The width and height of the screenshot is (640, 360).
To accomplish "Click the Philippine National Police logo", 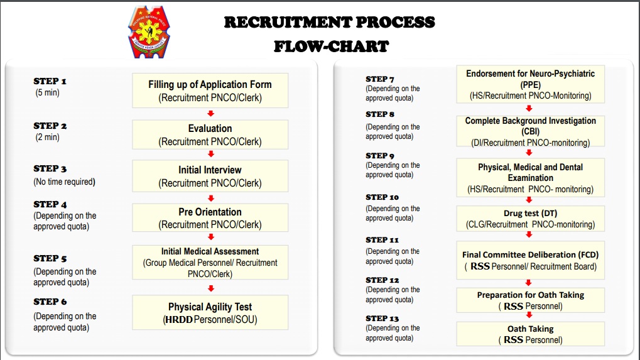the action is pyautogui.click(x=149, y=32).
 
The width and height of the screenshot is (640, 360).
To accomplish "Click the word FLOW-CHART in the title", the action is pyautogui.click(x=331, y=46).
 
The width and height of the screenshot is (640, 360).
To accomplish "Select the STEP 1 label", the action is pyautogui.click(x=50, y=81).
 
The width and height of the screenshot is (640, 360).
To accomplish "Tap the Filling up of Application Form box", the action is pyautogui.click(x=210, y=90).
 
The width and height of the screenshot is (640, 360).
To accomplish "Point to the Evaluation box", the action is pyautogui.click(x=210, y=134).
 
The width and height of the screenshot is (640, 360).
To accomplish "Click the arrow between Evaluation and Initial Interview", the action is pyautogui.click(x=211, y=154).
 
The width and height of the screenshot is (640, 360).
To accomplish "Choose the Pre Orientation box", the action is pyautogui.click(x=210, y=217).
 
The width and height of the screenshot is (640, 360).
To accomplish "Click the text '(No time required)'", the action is pyautogui.click(x=65, y=182).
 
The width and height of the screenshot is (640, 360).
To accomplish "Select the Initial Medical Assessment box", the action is pyautogui.click(x=210, y=263).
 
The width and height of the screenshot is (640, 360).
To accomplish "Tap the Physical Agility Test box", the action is pyautogui.click(x=210, y=313).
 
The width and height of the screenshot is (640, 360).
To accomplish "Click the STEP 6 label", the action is pyautogui.click(x=50, y=302).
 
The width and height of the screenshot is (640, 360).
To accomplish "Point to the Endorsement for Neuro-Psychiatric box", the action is pyautogui.click(x=530, y=84).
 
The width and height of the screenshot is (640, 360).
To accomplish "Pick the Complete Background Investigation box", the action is pyautogui.click(x=530, y=131).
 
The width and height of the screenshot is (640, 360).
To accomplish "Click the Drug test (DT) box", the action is pyautogui.click(x=530, y=219).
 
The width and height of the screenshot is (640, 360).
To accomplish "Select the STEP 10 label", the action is pyautogui.click(x=382, y=197).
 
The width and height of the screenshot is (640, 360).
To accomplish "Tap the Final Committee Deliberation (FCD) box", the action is pyautogui.click(x=530, y=260).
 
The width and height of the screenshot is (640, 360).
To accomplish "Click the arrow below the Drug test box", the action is pyautogui.click(x=529, y=235).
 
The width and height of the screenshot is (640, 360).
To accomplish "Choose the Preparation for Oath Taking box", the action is pyautogui.click(x=530, y=300).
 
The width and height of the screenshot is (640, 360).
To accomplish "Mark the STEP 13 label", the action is pyautogui.click(x=382, y=319).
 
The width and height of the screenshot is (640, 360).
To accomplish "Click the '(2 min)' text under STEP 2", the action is pyautogui.click(x=47, y=137).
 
